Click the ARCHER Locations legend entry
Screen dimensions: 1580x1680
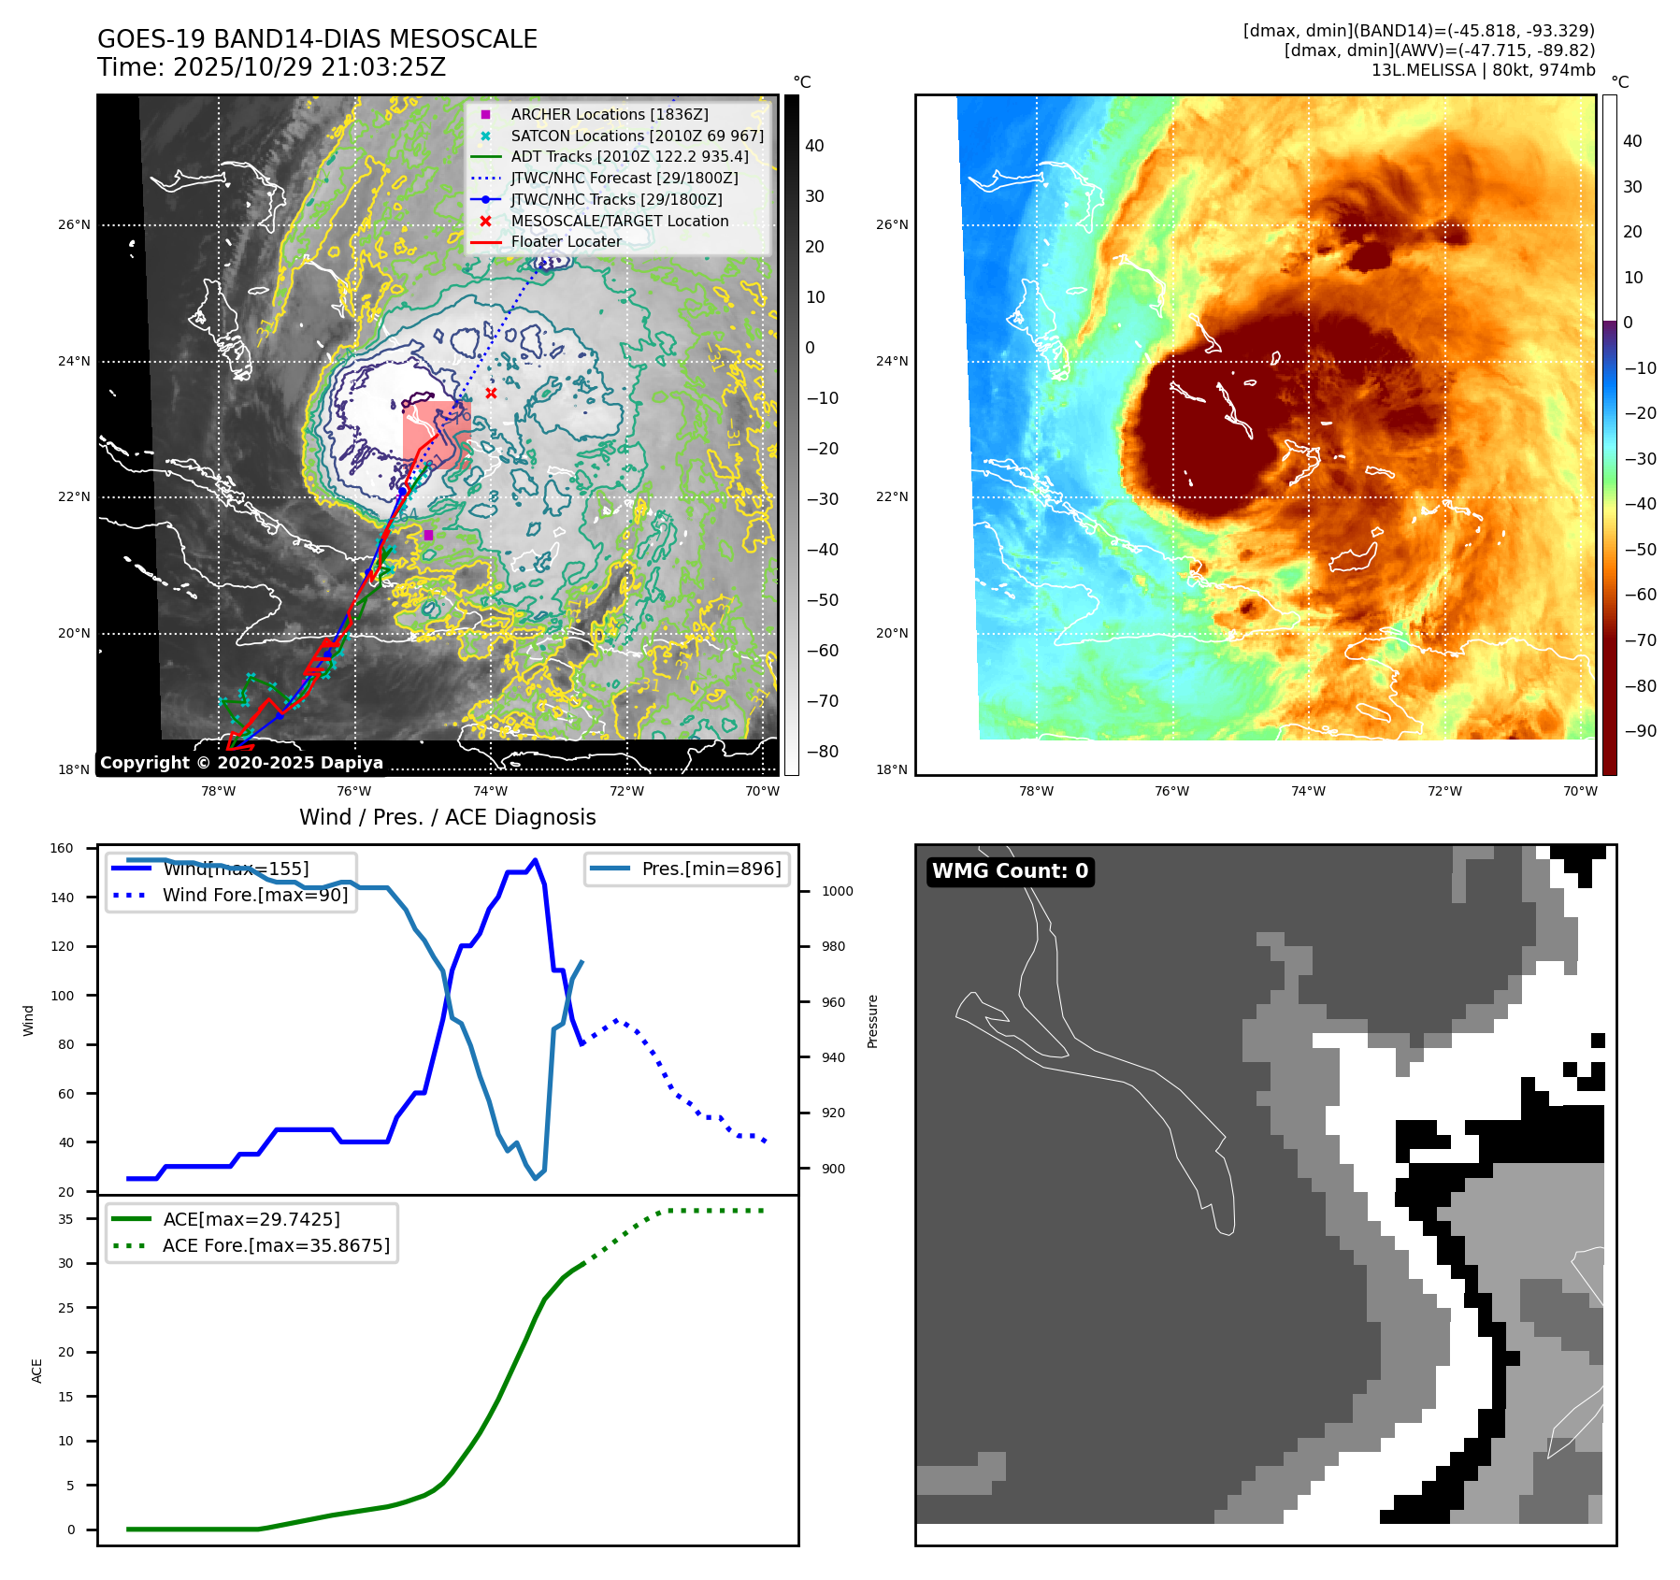(609, 114)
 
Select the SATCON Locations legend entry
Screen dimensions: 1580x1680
(637, 136)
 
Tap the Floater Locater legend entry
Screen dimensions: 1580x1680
(566, 241)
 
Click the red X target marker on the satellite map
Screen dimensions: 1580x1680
(491, 394)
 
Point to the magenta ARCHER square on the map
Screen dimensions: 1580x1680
(428, 535)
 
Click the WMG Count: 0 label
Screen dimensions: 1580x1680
(1010, 871)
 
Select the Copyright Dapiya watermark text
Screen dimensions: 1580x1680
(241, 763)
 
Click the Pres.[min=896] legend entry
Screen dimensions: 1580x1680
(711, 869)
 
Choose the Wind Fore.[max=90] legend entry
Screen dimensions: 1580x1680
(254, 895)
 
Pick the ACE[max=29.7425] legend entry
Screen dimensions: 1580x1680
(251, 1219)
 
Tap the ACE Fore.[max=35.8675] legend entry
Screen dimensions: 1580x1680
(276, 1245)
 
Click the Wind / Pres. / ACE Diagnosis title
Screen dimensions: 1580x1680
(447, 817)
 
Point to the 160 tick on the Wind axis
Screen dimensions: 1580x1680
(62, 849)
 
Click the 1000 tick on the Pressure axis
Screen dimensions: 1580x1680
(837, 891)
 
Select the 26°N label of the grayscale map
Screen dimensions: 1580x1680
(75, 225)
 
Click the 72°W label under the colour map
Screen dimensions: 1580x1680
(1444, 791)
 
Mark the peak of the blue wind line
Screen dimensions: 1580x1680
(535, 860)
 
